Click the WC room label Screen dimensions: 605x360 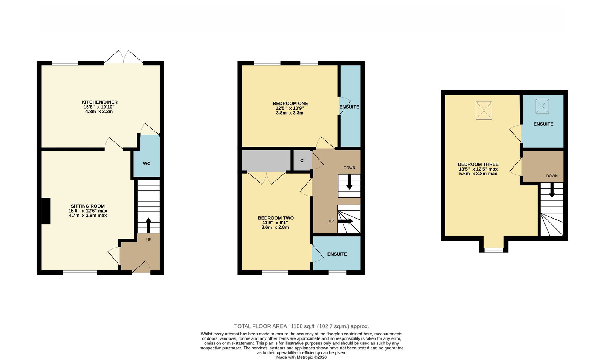[147, 164]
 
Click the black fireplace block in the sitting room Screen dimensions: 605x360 [46, 211]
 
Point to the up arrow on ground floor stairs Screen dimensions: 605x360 [148, 225]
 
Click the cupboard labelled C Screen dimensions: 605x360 [302, 160]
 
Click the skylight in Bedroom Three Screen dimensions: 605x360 [484, 110]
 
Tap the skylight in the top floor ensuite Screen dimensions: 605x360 [542, 106]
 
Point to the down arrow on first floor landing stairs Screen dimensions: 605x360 [349, 182]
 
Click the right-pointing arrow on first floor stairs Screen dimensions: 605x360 [345, 221]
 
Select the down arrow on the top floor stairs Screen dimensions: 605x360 [552, 190]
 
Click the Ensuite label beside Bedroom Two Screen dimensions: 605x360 [337, 254]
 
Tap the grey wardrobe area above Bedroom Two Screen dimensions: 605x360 [266, 160]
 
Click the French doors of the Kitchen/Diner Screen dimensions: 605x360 [124, 57]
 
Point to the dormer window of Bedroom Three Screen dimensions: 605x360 [493, 250]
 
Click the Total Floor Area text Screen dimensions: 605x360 [301, 326]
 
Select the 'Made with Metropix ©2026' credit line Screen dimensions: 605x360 [301, 357]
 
